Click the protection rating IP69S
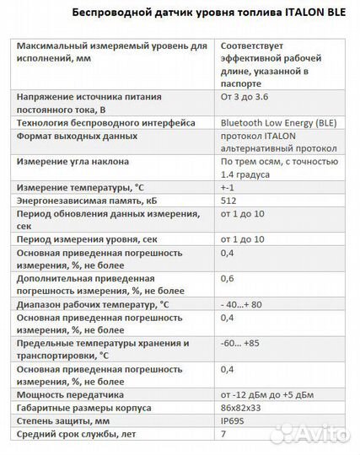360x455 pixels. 234,419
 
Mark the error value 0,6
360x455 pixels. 227,277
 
